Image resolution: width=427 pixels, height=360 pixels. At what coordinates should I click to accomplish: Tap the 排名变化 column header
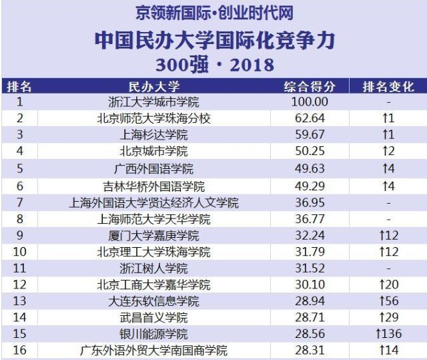[388, 87]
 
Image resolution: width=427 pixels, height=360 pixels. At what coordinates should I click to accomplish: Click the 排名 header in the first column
[19, 87]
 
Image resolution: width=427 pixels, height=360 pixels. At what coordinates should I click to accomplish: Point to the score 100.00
[310, 102]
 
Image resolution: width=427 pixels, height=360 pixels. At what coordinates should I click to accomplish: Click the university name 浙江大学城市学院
[153, 102]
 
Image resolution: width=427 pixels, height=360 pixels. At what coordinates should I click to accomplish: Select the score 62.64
[310, 118]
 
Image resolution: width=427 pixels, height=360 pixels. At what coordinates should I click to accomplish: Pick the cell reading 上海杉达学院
[153, 134]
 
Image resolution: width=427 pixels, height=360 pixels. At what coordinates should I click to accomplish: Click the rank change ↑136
[388, 334]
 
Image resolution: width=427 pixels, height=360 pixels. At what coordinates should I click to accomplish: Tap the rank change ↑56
[388, 301]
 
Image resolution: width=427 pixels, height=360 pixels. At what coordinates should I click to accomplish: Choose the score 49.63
[310, 168]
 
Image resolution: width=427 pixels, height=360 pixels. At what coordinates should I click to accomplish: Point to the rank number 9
[19, 235]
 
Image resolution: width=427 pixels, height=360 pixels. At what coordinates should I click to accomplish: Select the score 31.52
[310, 268]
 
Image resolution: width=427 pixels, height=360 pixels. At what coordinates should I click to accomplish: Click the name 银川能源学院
[153, 334]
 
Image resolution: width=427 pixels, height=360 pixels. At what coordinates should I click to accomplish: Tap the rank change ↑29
[388, 317]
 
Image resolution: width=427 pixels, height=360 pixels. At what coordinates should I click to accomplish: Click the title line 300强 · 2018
[214, 64]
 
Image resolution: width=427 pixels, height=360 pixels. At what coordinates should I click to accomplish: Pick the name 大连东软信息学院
[153, 301]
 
